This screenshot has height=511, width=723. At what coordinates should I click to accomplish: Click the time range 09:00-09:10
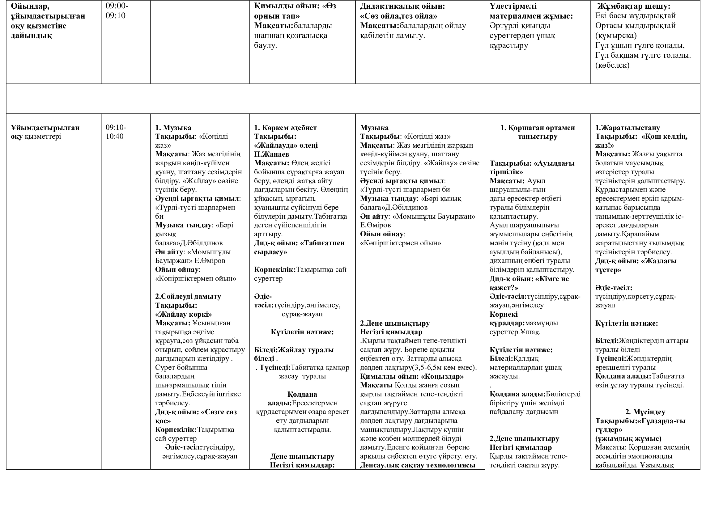pyautogui.click(x=117, y=11)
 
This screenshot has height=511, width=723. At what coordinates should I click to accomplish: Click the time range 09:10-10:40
pyautogui.click(x=116, y=132)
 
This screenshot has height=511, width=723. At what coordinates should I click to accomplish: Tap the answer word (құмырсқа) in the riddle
pyautogui.click(x=616, y=35)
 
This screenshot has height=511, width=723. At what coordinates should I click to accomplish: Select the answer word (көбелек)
pyautogui.click(x=612, y=65)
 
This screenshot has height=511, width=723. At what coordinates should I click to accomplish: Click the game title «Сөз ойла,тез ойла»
pyautogui.click(x=399, y=16)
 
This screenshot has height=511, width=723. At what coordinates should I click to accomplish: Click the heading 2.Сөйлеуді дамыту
pyautogui.click(x=188, y=296)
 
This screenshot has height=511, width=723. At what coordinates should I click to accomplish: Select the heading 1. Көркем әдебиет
pyautogui.click(x=285, y=127)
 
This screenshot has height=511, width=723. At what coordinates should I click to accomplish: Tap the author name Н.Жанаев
pyautogui.click(x=271, y=154)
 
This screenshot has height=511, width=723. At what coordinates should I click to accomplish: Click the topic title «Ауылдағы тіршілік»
pyautogui.click(x=532, y=167)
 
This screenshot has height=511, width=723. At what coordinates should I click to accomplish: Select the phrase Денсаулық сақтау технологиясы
pyautogui.click(x=418, y=465)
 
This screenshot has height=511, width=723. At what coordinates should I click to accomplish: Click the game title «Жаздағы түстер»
pyautogui.click(x=636, y=265)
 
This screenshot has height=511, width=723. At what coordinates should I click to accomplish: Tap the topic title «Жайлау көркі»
pyautogui.click(x=184, y=314)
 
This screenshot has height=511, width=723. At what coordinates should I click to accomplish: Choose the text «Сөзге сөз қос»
pyautogui.click(x=196, y=416)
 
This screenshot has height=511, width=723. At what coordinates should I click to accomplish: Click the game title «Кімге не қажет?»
pyautogui.click(x=529, y=283)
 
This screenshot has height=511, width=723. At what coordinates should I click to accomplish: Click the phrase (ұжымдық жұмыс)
pyautogui.click(x=628, y=438)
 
